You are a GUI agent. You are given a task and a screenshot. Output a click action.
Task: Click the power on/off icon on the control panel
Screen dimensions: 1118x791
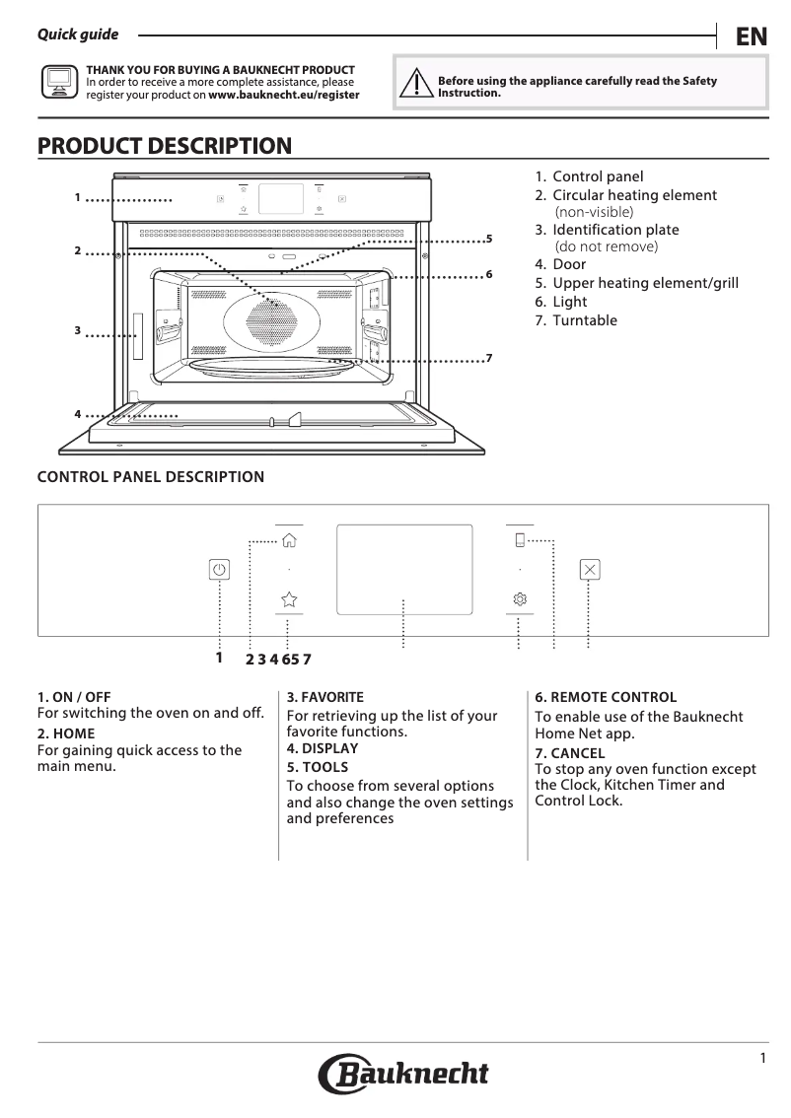[x=219, y=570]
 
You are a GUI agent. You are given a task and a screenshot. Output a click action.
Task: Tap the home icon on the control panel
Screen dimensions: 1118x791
[x=289, y=540]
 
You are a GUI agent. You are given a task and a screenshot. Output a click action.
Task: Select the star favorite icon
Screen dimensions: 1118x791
[x=289, y=598]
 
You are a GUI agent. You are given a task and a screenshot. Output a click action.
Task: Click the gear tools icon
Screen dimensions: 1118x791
[x=520, y=598]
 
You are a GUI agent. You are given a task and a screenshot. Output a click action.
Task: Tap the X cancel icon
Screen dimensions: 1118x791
[x=590, y=570]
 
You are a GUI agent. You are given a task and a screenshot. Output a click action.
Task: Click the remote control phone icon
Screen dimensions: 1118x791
[x=520, y=540]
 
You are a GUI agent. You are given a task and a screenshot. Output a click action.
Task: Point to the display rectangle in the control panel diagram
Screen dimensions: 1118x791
[x=404, y=569]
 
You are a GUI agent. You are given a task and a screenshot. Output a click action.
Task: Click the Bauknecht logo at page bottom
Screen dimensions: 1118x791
[x=403, y=1074]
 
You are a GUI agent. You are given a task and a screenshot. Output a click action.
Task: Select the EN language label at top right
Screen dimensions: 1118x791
[x=751, y=37]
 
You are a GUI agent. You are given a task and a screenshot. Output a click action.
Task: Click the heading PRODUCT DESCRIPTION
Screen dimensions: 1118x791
[x=165, y=147]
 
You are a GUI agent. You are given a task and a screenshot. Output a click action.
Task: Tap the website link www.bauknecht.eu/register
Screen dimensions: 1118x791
[x=284, y=96]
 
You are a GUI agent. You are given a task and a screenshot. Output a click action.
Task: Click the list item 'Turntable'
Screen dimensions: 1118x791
[x=584, y=320]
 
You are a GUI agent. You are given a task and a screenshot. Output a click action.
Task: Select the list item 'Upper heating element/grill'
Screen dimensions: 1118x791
[x=644, y=283]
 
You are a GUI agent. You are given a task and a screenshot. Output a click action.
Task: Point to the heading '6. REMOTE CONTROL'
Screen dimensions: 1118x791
[x=606, y=697]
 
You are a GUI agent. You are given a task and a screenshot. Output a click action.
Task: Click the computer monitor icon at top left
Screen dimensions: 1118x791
[x=58, y=83]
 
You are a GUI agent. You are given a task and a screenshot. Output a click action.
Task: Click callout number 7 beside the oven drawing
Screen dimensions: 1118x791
[x=488, y=357]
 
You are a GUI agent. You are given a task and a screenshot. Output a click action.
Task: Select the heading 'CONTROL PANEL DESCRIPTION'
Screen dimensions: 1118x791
[x=151, y=477]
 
